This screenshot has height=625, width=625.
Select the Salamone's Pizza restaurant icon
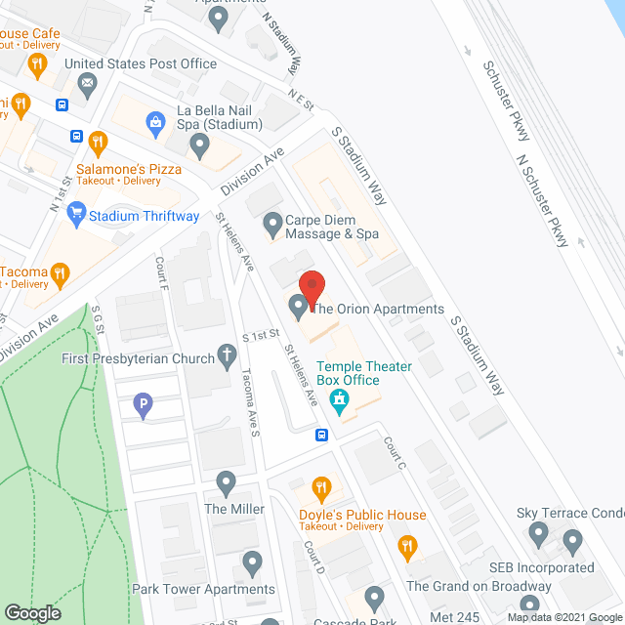[x=98, y=145]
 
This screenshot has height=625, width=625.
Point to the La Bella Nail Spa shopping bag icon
[x=154, y=122]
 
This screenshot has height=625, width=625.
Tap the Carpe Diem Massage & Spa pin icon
[x=272, y=227]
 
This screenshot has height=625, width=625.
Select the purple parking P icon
[x=144, y=403]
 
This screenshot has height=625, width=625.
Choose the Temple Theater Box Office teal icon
[x=339, y=398]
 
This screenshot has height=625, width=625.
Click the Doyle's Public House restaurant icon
[x=320, y=488]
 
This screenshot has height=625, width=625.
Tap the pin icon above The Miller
[x=227, y=481]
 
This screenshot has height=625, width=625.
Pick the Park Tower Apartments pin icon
[x=252, y=562]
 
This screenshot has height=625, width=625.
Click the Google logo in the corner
[x=31, y=613]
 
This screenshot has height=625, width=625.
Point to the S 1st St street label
[x=261, y=336]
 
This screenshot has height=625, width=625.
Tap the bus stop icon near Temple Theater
[x=320, y=436]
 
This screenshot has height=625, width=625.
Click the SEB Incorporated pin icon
[x=572, y=540]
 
